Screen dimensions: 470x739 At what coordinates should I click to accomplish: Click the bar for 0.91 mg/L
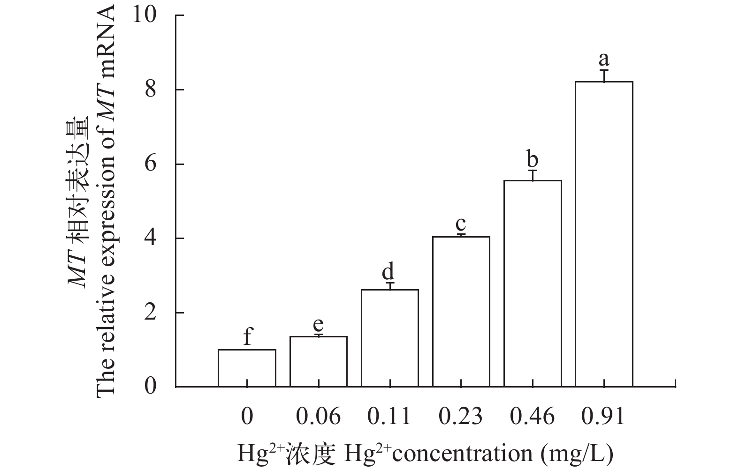pos(604,234)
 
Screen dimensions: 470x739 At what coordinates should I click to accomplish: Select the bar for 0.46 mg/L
pos(533,283)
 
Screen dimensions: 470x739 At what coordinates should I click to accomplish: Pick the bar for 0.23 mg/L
pos(461,312)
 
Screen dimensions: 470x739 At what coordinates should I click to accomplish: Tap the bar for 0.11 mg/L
pos(390,338)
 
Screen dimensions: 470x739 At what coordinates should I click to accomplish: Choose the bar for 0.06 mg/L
pos(319,362)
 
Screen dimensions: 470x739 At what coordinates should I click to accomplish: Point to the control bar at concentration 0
pos(247,368)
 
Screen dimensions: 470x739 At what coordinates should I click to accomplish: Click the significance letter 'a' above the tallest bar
pos(604,60)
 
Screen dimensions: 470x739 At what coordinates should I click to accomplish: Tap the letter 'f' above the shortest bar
pos(247,336)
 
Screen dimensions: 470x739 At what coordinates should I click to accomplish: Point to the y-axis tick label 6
pos(151,164)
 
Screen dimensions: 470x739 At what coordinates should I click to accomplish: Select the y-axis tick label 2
pos(151,313)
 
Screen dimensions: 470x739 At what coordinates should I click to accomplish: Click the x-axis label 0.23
pos(461,416)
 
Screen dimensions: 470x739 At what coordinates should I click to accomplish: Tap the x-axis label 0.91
pos(603,416)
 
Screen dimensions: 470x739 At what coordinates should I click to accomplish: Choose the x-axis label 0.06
pos(319,416)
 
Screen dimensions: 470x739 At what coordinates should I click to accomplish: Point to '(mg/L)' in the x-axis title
pos(577,454)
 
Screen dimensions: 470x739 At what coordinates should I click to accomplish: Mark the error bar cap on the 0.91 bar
pos(604,70)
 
